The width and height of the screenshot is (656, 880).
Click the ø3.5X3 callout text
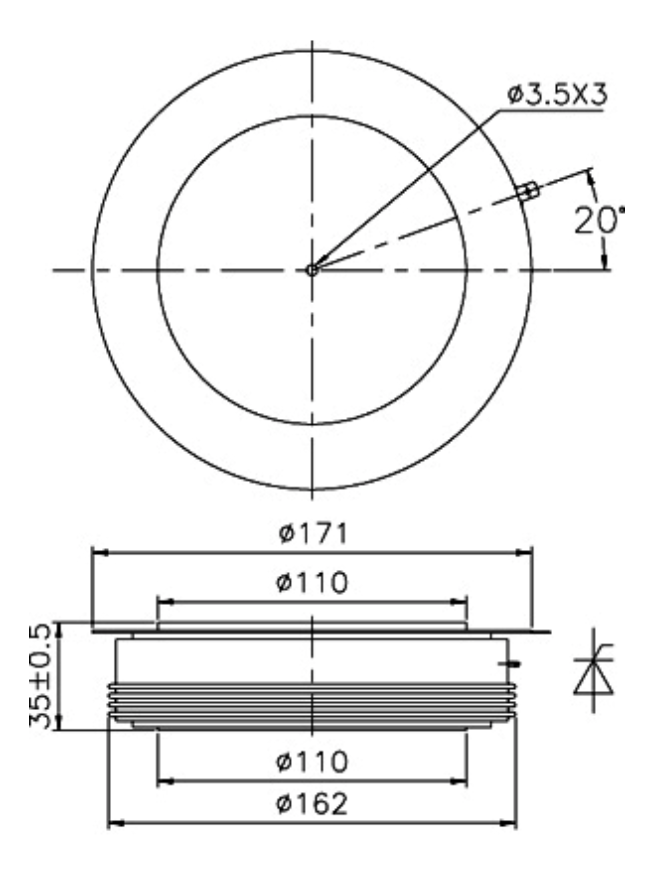pyautogui.click(x=557, y=95)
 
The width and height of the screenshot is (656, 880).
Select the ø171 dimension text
pyautogui.click(x=313, y=533)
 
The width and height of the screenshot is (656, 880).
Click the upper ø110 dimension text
pyautogui.click(x=312, y=583)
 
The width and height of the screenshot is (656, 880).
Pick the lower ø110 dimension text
pyautogui.click(x=312, y=762)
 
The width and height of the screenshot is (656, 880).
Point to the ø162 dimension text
pyautogui.click(x=312, y=804)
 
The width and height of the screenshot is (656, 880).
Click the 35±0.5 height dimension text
pyautogui.click(x=40, y=675)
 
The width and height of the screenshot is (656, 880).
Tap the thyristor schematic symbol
pyautogui.click(x=594, y=671)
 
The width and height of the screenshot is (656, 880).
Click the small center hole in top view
pyautogui.click(x=312, y=270)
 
